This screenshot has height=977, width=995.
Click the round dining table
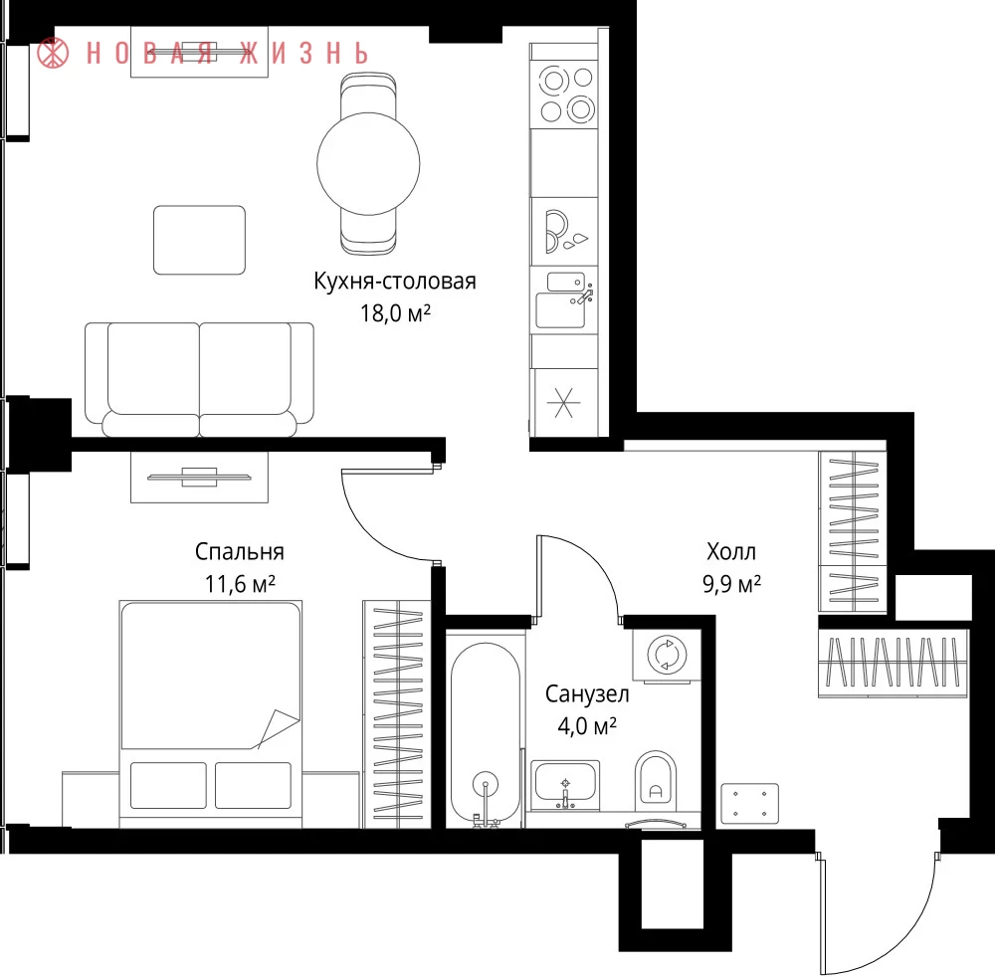368,164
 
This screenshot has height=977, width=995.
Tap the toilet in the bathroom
656,781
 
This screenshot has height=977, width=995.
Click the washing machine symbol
667,654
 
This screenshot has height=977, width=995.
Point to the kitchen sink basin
560,309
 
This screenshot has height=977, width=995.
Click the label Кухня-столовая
395,281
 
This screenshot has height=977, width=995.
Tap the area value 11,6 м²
240,584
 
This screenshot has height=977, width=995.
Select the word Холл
731,552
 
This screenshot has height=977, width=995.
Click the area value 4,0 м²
587,725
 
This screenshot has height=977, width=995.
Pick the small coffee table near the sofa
199,240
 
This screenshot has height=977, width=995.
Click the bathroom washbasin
565,785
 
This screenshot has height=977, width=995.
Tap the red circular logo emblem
53,52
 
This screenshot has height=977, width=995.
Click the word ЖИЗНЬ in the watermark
303,54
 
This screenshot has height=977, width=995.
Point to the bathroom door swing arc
591,561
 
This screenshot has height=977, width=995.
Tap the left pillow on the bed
168,785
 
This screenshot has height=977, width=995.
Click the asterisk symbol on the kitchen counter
563,403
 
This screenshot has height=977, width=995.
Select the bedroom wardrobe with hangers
397,713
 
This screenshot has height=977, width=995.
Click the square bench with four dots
749,803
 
